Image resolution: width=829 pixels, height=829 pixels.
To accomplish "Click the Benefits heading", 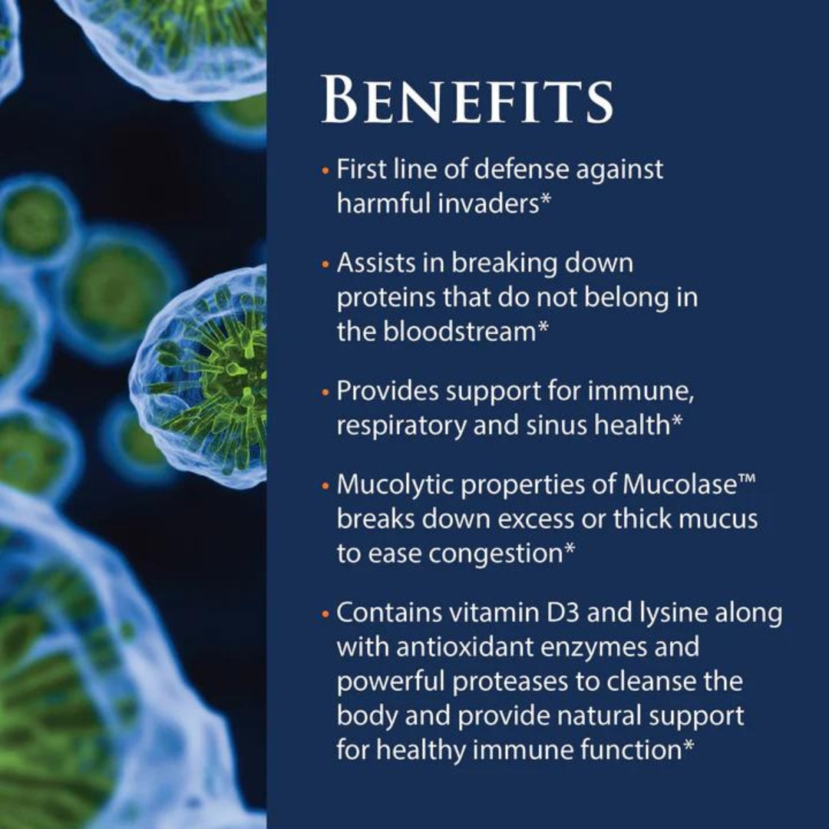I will coord(467,99).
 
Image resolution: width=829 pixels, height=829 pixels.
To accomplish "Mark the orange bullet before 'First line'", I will coord(326,169).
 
